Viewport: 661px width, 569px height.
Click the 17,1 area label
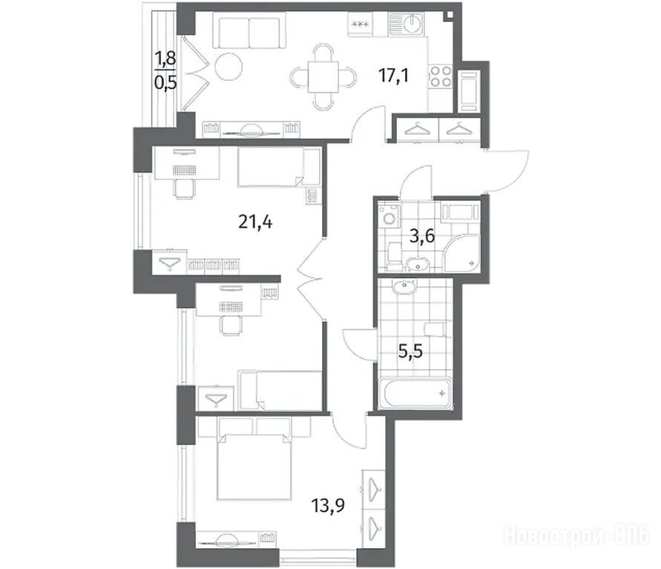coord(394,76)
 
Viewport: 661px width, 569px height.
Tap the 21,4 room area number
coord(255,222)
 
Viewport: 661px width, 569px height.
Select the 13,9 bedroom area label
coord(328,505)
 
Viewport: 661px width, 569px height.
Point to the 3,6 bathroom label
coord(422,236)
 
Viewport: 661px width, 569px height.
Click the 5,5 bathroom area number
coord(410,350)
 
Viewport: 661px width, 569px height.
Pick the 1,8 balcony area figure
coord(165,58)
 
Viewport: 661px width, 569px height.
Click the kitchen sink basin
coord(407,24)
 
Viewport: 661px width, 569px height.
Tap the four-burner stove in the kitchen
coord(441,76)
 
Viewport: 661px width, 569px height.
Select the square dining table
coord(323,77)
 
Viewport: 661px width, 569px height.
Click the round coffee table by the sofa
coord(228,66)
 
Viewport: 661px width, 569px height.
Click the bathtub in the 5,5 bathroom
coord(415,393)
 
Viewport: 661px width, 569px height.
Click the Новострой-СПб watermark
coord(577,535)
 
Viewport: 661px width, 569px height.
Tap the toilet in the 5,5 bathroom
coord(433,329)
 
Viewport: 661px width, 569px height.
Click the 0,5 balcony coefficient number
coord(165,82)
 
